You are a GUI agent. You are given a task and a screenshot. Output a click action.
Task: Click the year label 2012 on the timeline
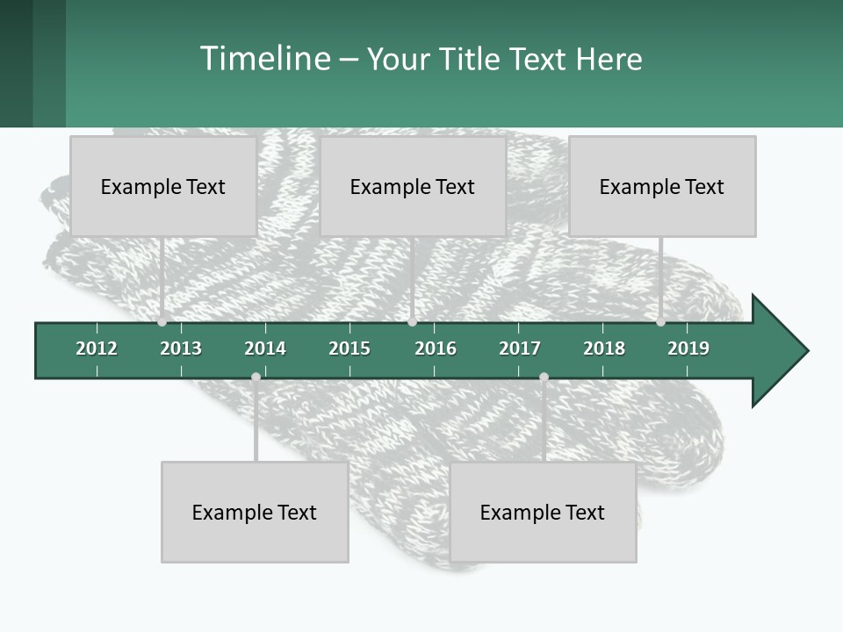[x=97, y=348]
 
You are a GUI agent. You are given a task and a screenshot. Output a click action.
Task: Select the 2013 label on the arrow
[x=181, y=348]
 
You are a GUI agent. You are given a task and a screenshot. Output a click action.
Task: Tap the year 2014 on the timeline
[x=265, y=348]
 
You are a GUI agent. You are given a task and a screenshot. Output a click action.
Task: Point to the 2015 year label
[x=349, y=348]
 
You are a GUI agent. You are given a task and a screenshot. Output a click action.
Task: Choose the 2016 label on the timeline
[x=436, y=348]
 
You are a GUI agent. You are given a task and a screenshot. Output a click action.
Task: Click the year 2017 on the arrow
[x=520, y=348]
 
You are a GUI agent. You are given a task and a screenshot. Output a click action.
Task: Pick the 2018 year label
[x=604, y=348]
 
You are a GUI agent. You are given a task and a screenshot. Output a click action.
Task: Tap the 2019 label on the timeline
[x=688, y=348]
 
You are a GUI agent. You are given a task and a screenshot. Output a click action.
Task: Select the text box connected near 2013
[x=163, y=186]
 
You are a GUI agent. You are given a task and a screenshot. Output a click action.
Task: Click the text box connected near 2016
[x=413, y=186]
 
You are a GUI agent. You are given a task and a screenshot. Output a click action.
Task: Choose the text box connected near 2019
[x=662, y=186]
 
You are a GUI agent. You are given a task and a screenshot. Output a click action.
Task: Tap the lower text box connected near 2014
[x=255, y=512]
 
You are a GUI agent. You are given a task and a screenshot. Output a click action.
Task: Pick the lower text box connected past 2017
[x=543, y=512]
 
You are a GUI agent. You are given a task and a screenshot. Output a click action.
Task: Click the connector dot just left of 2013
[x=162, y=322]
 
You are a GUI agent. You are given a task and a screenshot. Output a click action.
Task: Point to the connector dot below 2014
[x=256, y=377]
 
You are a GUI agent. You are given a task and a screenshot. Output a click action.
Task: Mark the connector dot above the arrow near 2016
[x=413, y=322]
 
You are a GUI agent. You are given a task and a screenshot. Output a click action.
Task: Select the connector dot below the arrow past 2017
[x=544, y=377]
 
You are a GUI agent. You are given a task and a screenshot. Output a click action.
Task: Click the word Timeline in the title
[x=264, y=59]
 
